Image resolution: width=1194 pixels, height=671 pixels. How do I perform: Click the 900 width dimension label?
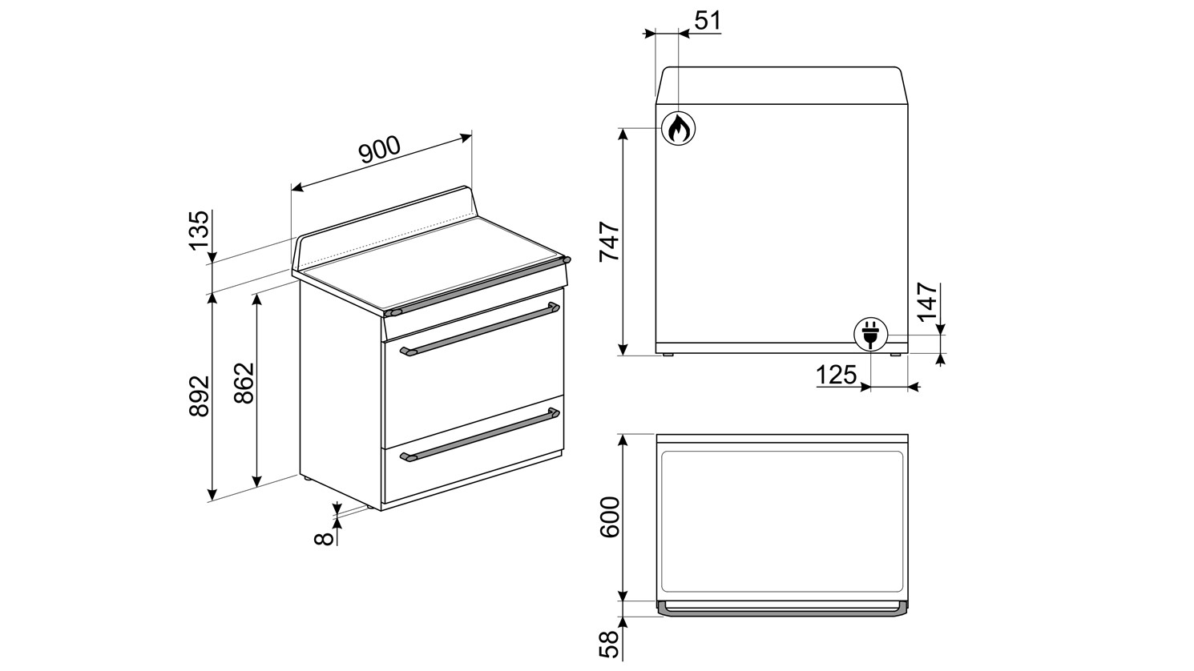point(380,150)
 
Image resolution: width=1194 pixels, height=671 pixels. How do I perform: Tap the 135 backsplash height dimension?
point(200,230)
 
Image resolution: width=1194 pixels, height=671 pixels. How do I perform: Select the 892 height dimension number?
point(200,396)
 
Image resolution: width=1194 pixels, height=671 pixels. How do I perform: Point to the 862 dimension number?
point(244,384)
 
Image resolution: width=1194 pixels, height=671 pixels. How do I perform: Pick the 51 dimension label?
point(708,21)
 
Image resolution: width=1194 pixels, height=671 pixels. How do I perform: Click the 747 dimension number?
point(610,241)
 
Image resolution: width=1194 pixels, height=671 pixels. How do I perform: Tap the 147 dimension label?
point(928,301)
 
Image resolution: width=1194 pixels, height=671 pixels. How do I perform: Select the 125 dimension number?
point(837,375)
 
